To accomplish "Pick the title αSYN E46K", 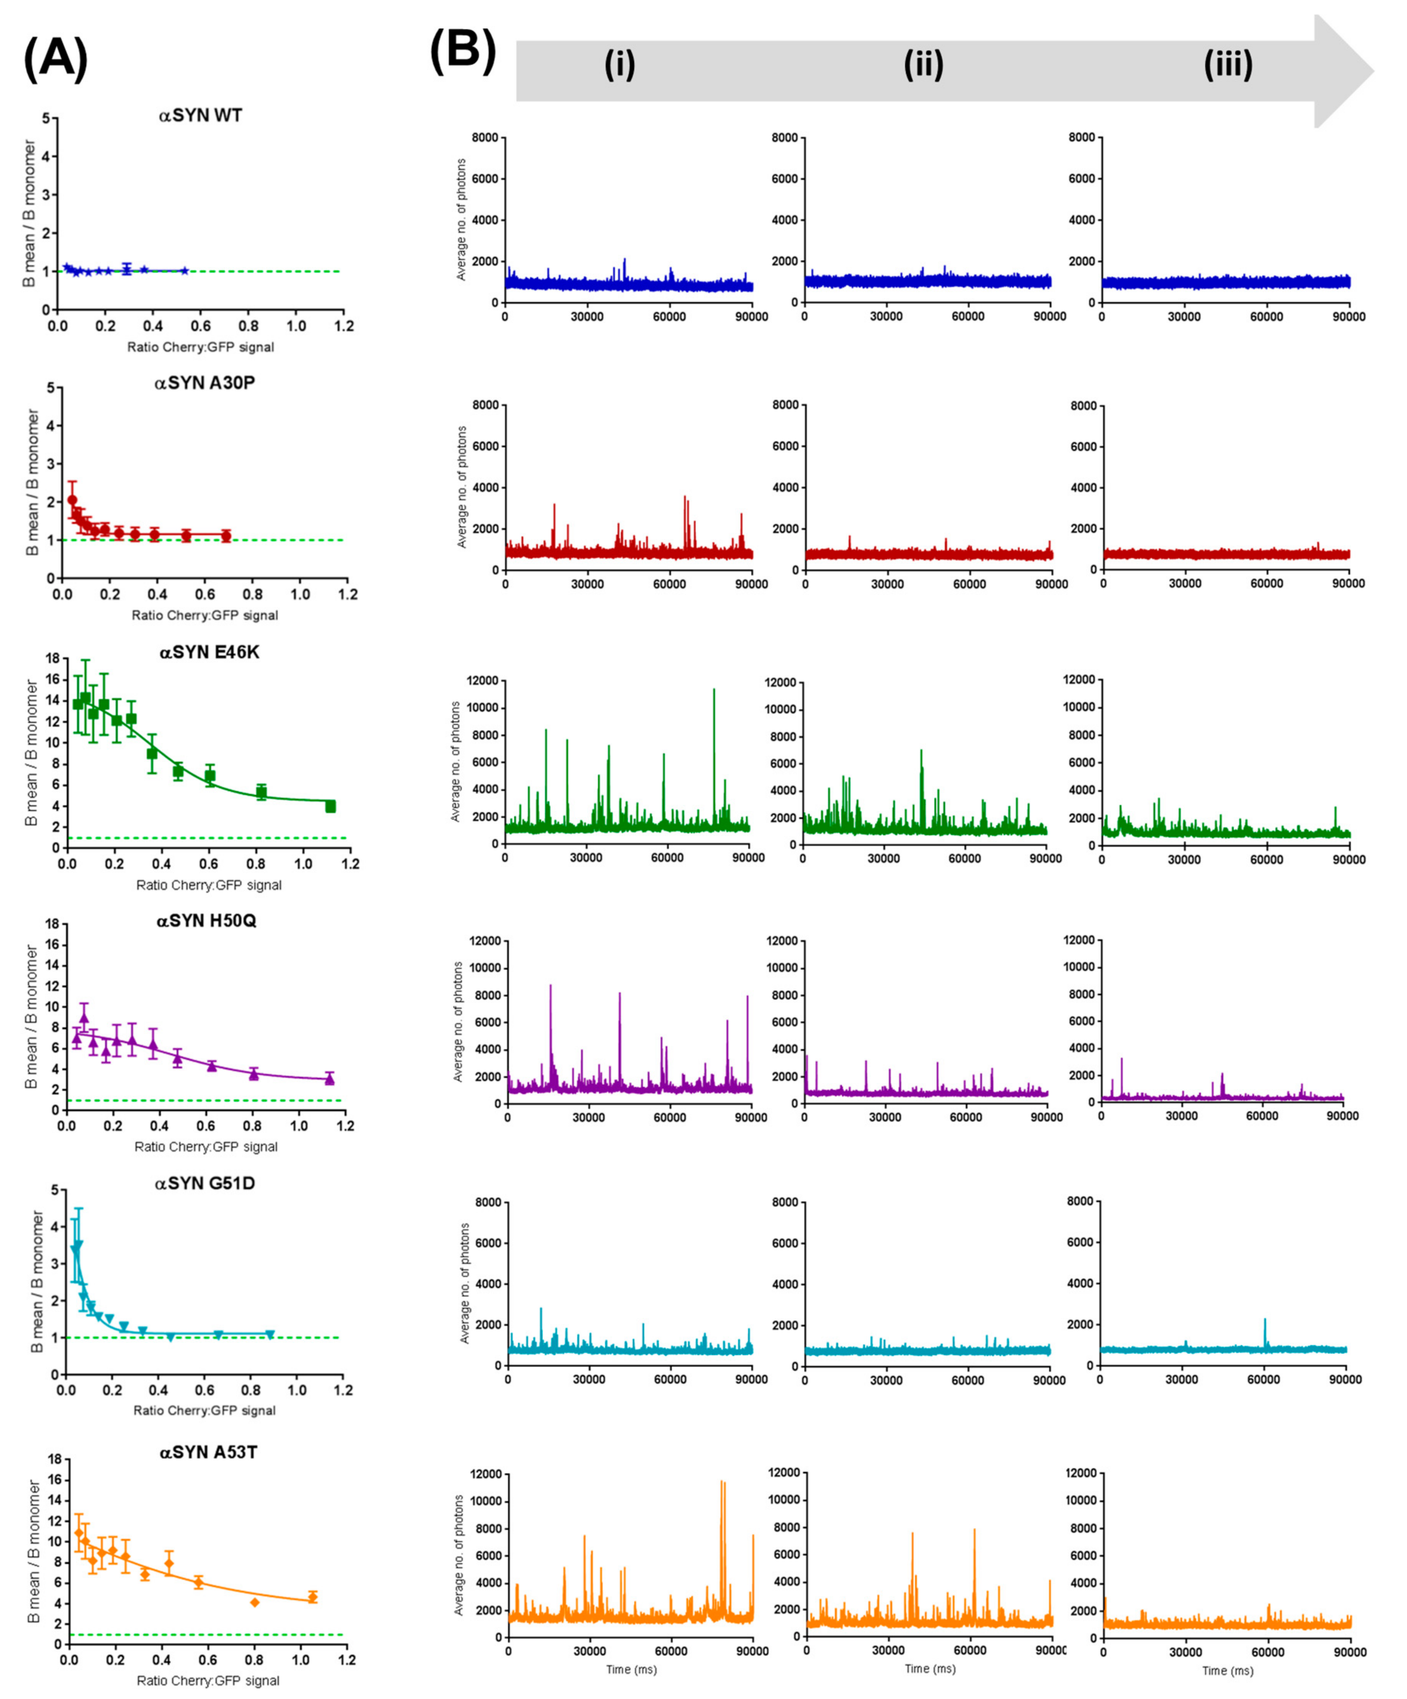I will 209,652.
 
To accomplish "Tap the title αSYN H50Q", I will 206,921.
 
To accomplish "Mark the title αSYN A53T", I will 208,1452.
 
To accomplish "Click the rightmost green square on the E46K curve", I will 330,806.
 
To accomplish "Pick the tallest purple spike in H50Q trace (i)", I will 550,986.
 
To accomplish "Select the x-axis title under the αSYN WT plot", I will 200,347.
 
